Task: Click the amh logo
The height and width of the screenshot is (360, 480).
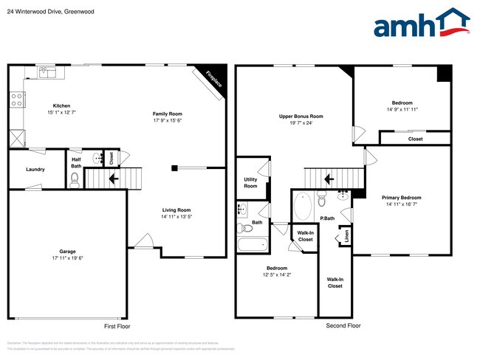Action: click(x=421, y=24)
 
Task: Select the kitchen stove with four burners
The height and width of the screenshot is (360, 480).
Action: click(x=16, y=100)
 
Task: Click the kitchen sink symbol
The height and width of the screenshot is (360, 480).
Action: click(x=47, y=72)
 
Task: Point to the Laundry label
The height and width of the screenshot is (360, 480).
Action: click(x=35, y=170)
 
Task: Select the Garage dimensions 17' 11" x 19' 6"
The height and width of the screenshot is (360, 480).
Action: click(x=67, y=258)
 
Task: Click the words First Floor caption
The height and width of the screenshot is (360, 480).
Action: click(x=117, y=325)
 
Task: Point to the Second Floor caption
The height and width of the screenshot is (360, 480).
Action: click(x=343, y=325)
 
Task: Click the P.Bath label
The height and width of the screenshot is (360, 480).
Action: click(x=327, y=218)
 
